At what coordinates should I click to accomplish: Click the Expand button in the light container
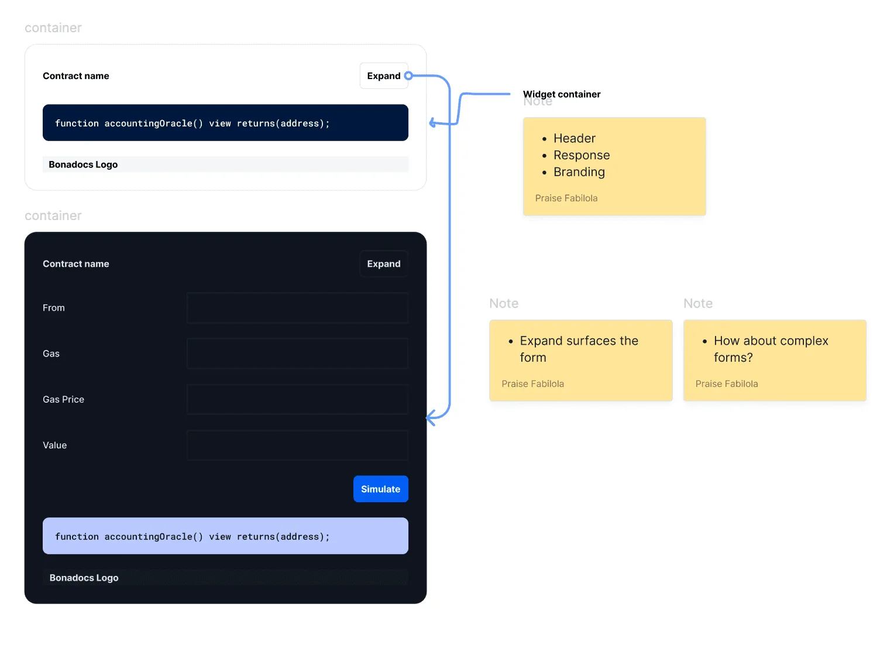pyautogui.click(x=384, y=76)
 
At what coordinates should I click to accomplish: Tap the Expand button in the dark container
pyautogui.click(x=384, y=264)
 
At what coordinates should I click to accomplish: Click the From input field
pyautogui.click(x=297, y=308)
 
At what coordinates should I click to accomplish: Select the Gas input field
pyautogui.click(x=297, y=354)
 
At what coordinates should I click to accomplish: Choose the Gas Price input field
pyautogui.click(x=297, y=399)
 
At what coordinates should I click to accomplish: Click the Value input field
pyautogui.click(x=297, y=445)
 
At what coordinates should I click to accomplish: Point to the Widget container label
pyautogui.click(x=562, y=94)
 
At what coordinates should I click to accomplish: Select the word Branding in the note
pyautogui.click(x=579, y=172)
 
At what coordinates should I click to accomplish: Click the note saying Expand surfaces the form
pyautogui.click(x=581, y=361)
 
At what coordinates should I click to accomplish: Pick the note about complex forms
pyautogui.click(x=775, y=361)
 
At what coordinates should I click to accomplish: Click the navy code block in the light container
pyautogui.click(x=225, y=123)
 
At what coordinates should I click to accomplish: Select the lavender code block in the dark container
pyautogui.click(x=225, y=536)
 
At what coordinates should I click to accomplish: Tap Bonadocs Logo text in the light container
pyautogui.click(x=83, y=164)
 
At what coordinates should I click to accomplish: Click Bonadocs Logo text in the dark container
pyautogui.click(x=84, y=578)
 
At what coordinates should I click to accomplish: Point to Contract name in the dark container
pyautogui.click(x=76, y=264)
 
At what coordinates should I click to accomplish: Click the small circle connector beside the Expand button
pyautogui.click(x=408, y=76)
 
